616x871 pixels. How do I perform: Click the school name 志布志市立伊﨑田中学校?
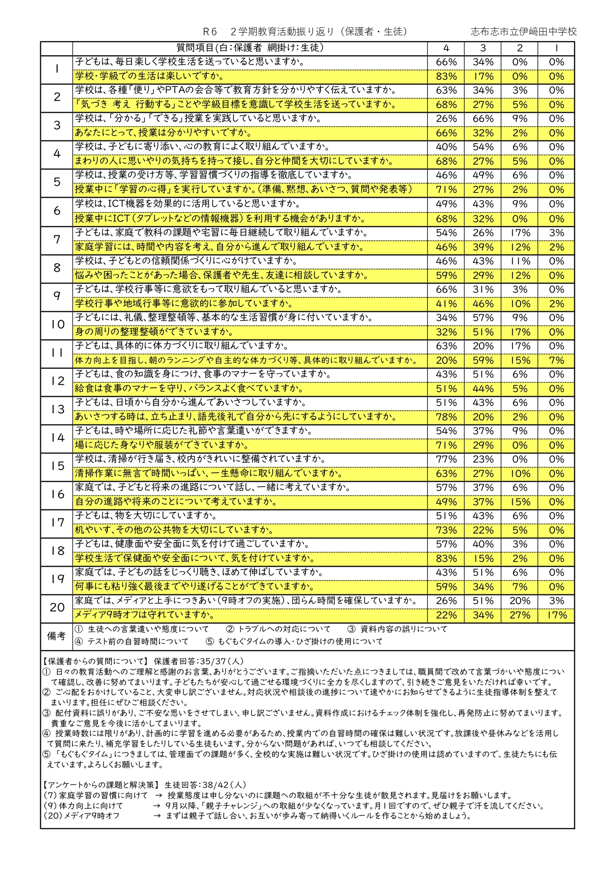click(524, 32)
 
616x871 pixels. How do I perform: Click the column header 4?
click(446, 48)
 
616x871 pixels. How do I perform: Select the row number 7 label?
click(57, 240)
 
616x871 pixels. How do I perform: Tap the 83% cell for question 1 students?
click(446, 76)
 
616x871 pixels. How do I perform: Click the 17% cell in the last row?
click(556, 615)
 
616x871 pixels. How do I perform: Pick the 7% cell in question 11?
click(556, 361)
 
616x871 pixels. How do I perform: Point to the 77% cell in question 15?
click(446, 459)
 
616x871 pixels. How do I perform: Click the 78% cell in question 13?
click(446, 417)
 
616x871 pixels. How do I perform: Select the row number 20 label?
click(57, 607)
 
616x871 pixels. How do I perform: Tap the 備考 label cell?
click(57, 636)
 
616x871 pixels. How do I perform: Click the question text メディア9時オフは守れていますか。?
click(145, 615)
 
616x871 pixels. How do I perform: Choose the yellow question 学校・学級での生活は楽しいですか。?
click(149, 76)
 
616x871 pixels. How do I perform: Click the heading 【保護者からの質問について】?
click(95, 661)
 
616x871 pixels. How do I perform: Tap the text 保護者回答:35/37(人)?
click(199, 661)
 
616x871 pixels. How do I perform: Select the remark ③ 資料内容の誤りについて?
click(397, 629)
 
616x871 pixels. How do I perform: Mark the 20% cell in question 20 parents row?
click(520, 601)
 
